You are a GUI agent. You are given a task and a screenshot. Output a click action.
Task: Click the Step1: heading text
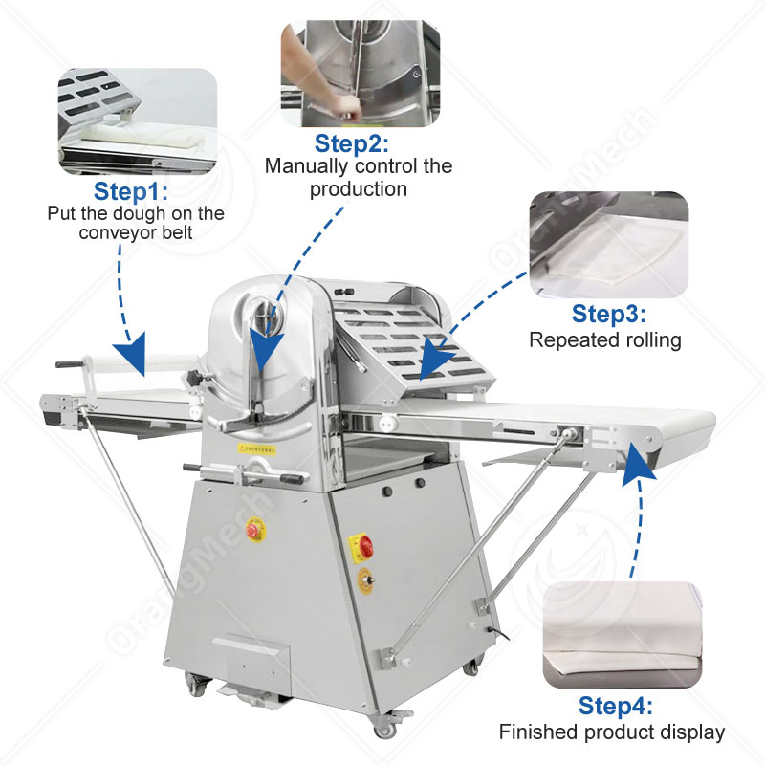[131, 189]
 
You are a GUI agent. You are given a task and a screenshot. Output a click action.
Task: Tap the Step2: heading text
[353, 143]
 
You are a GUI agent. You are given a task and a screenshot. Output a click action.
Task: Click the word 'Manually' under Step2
[303, 166]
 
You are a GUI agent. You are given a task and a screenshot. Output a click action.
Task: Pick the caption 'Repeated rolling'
[605, 339]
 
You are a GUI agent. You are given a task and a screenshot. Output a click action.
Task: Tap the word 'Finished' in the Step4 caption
[536, 732]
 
